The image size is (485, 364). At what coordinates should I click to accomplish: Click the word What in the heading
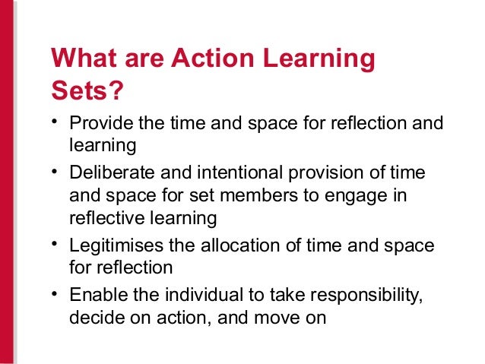(81, 59)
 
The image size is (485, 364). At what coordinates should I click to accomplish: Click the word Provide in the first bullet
(97, 123)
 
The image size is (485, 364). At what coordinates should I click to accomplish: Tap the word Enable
(93, 296)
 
